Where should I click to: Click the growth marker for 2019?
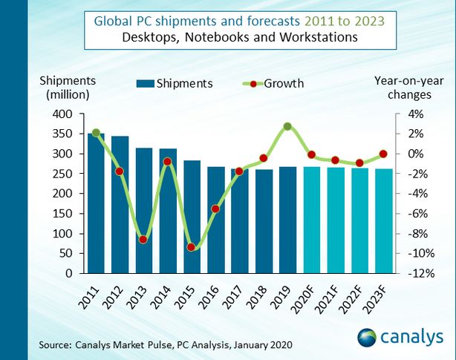pos(287,127)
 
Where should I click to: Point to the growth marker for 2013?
pos(143,240)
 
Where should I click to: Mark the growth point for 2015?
pos(192,247)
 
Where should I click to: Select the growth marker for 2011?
pos(96,133)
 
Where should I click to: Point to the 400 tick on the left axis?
pos(64,114)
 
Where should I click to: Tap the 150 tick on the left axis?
pos(64,214)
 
